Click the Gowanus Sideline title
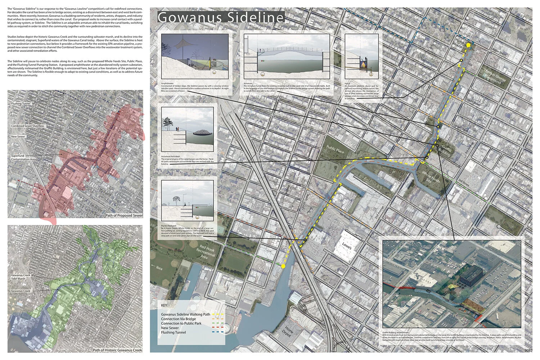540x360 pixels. pyautogui.click(x=221, y=18)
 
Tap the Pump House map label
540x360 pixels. pyautogui.click(x=459, y=42)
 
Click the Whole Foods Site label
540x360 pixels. pyautogui.click(x=431, y=177)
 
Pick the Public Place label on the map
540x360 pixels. pyautogui.click(x=335, y=149)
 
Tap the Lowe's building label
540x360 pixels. pyautogui.click(x=346, y=246)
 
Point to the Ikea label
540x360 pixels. pyautogui.click(x=159, y=268)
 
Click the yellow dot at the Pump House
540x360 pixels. pyautogui.click(x=468, y=45)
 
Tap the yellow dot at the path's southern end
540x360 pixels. pyautogui.click(x=283, y=266)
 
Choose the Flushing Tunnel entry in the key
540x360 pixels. pyautogui.click(x=174, y=332)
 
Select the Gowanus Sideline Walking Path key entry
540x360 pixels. pyautogui.click(x=185, y=314)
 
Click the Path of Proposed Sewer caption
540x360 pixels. pyautogui.click(x=124, y=215)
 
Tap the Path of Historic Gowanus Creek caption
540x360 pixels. pyautogui.click(x=117, y=350)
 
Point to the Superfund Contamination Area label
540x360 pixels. pyautogui.click(x=23, y=157)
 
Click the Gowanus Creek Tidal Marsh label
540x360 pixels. pyautogui.click(x=21, y=276)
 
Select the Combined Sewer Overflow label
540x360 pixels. pyautogui.click(x=27, y=126)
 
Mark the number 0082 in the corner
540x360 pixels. pyautogui.click(x=528, y=350)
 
